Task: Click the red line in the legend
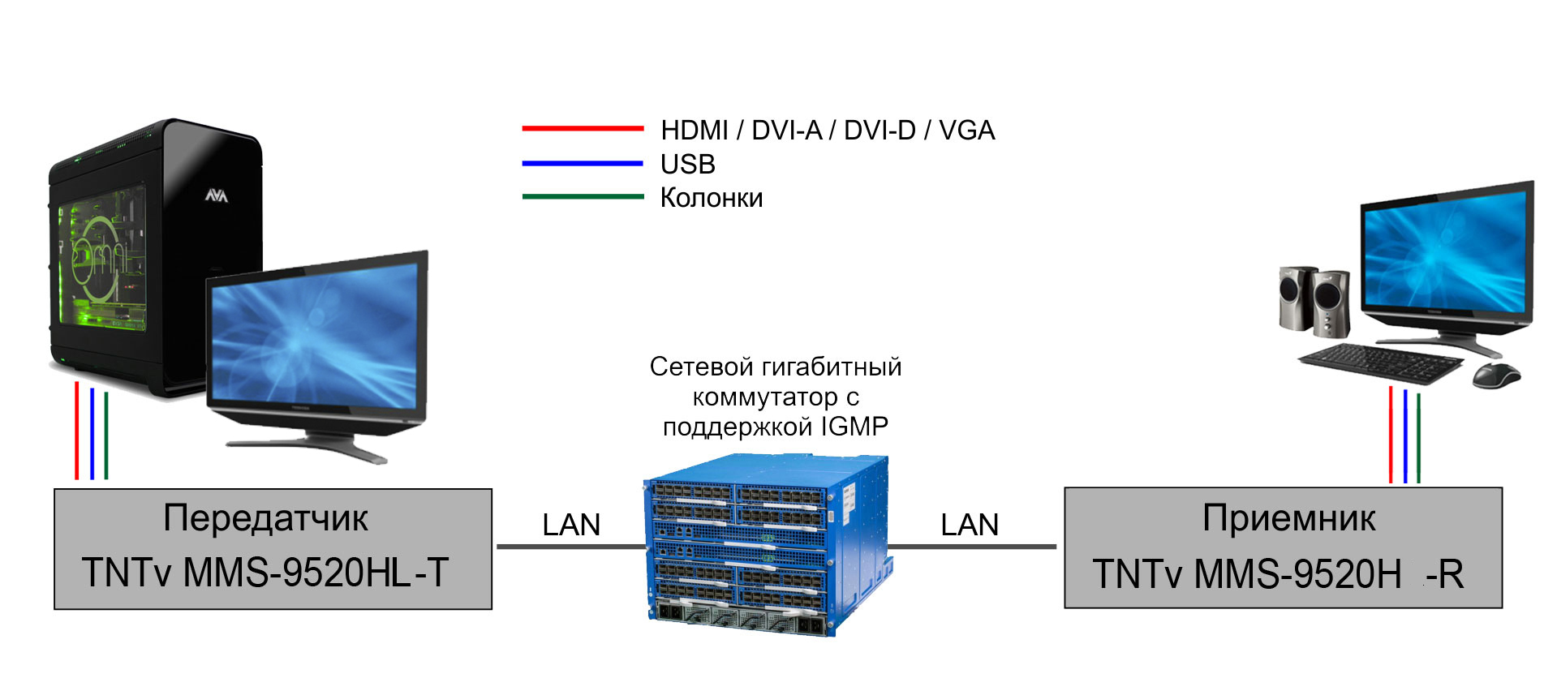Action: point(583,128)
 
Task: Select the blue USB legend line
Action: point(583,163)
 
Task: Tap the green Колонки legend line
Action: point(583,196)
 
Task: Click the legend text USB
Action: point(688,164)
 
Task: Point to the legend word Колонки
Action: point(712,198)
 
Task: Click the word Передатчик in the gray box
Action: point(265,519)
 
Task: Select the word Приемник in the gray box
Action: point(1288,517)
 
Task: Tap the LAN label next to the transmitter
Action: point(571,525)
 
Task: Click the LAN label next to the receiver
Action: point(970,525)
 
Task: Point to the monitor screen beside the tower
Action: point(315,337)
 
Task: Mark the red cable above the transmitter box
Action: point(77,431)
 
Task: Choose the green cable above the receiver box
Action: point(1418,438)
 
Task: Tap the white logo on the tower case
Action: point(216,195)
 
